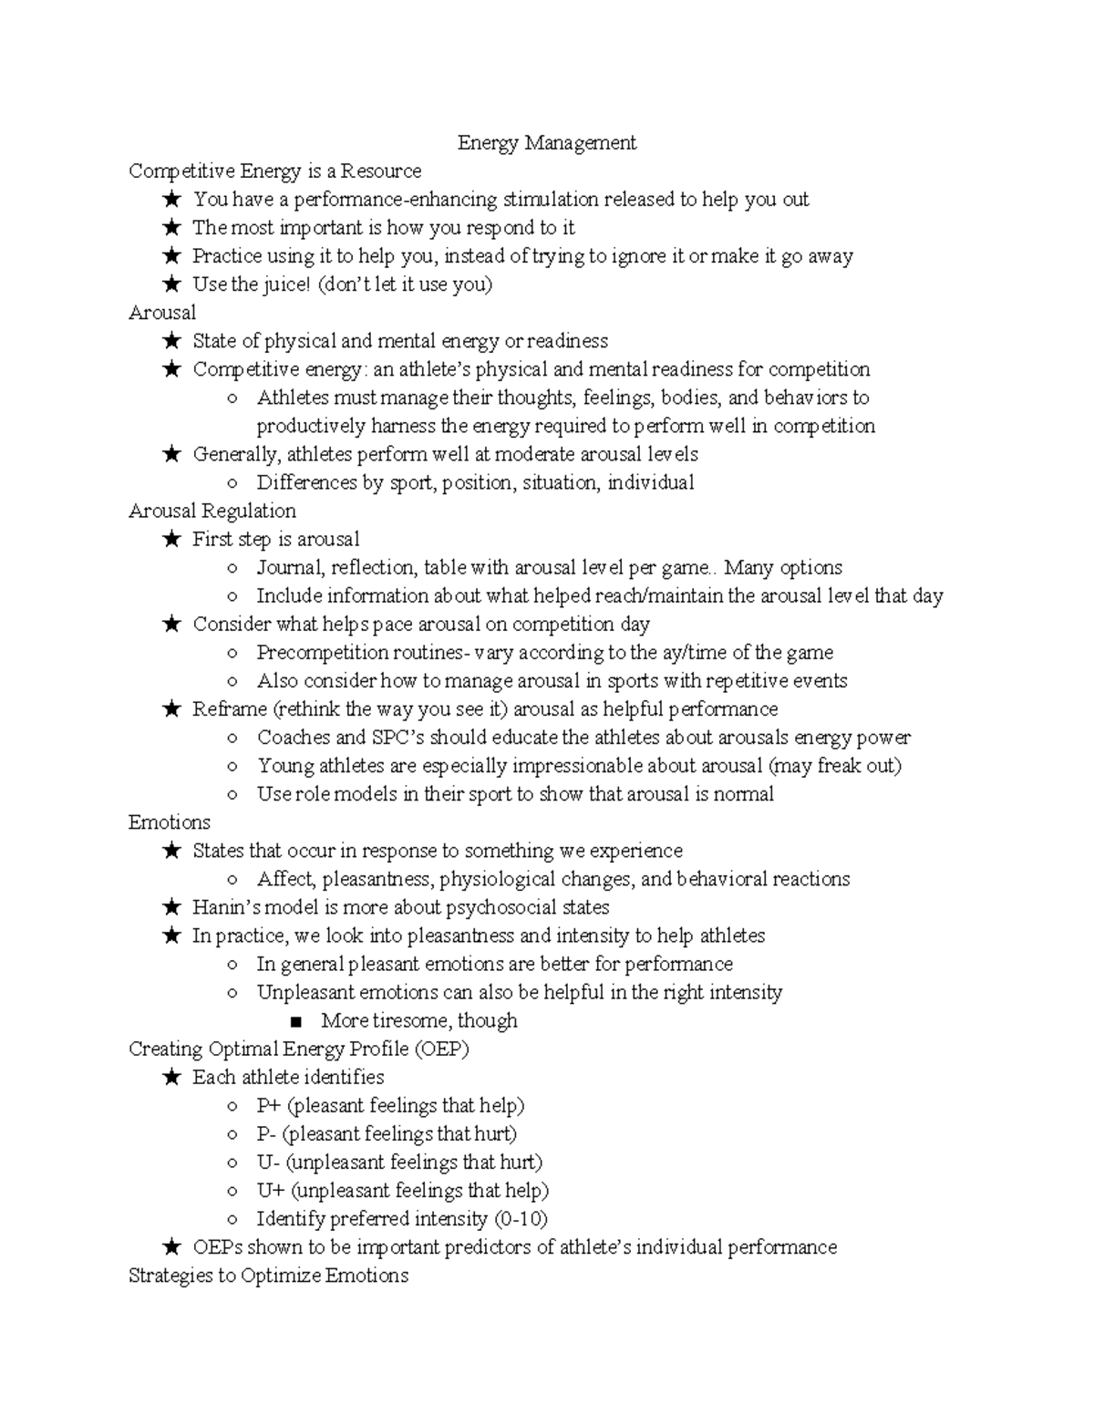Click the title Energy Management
pos(546,143)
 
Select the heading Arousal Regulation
pos(212,511)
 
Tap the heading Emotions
pos(170,822)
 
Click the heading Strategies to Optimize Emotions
pos(268,1276)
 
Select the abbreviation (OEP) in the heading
pos(441,1049)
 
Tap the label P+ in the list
pos(269,1106)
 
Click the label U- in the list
pos(268,1163)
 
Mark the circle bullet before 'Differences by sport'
pos(233,483)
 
